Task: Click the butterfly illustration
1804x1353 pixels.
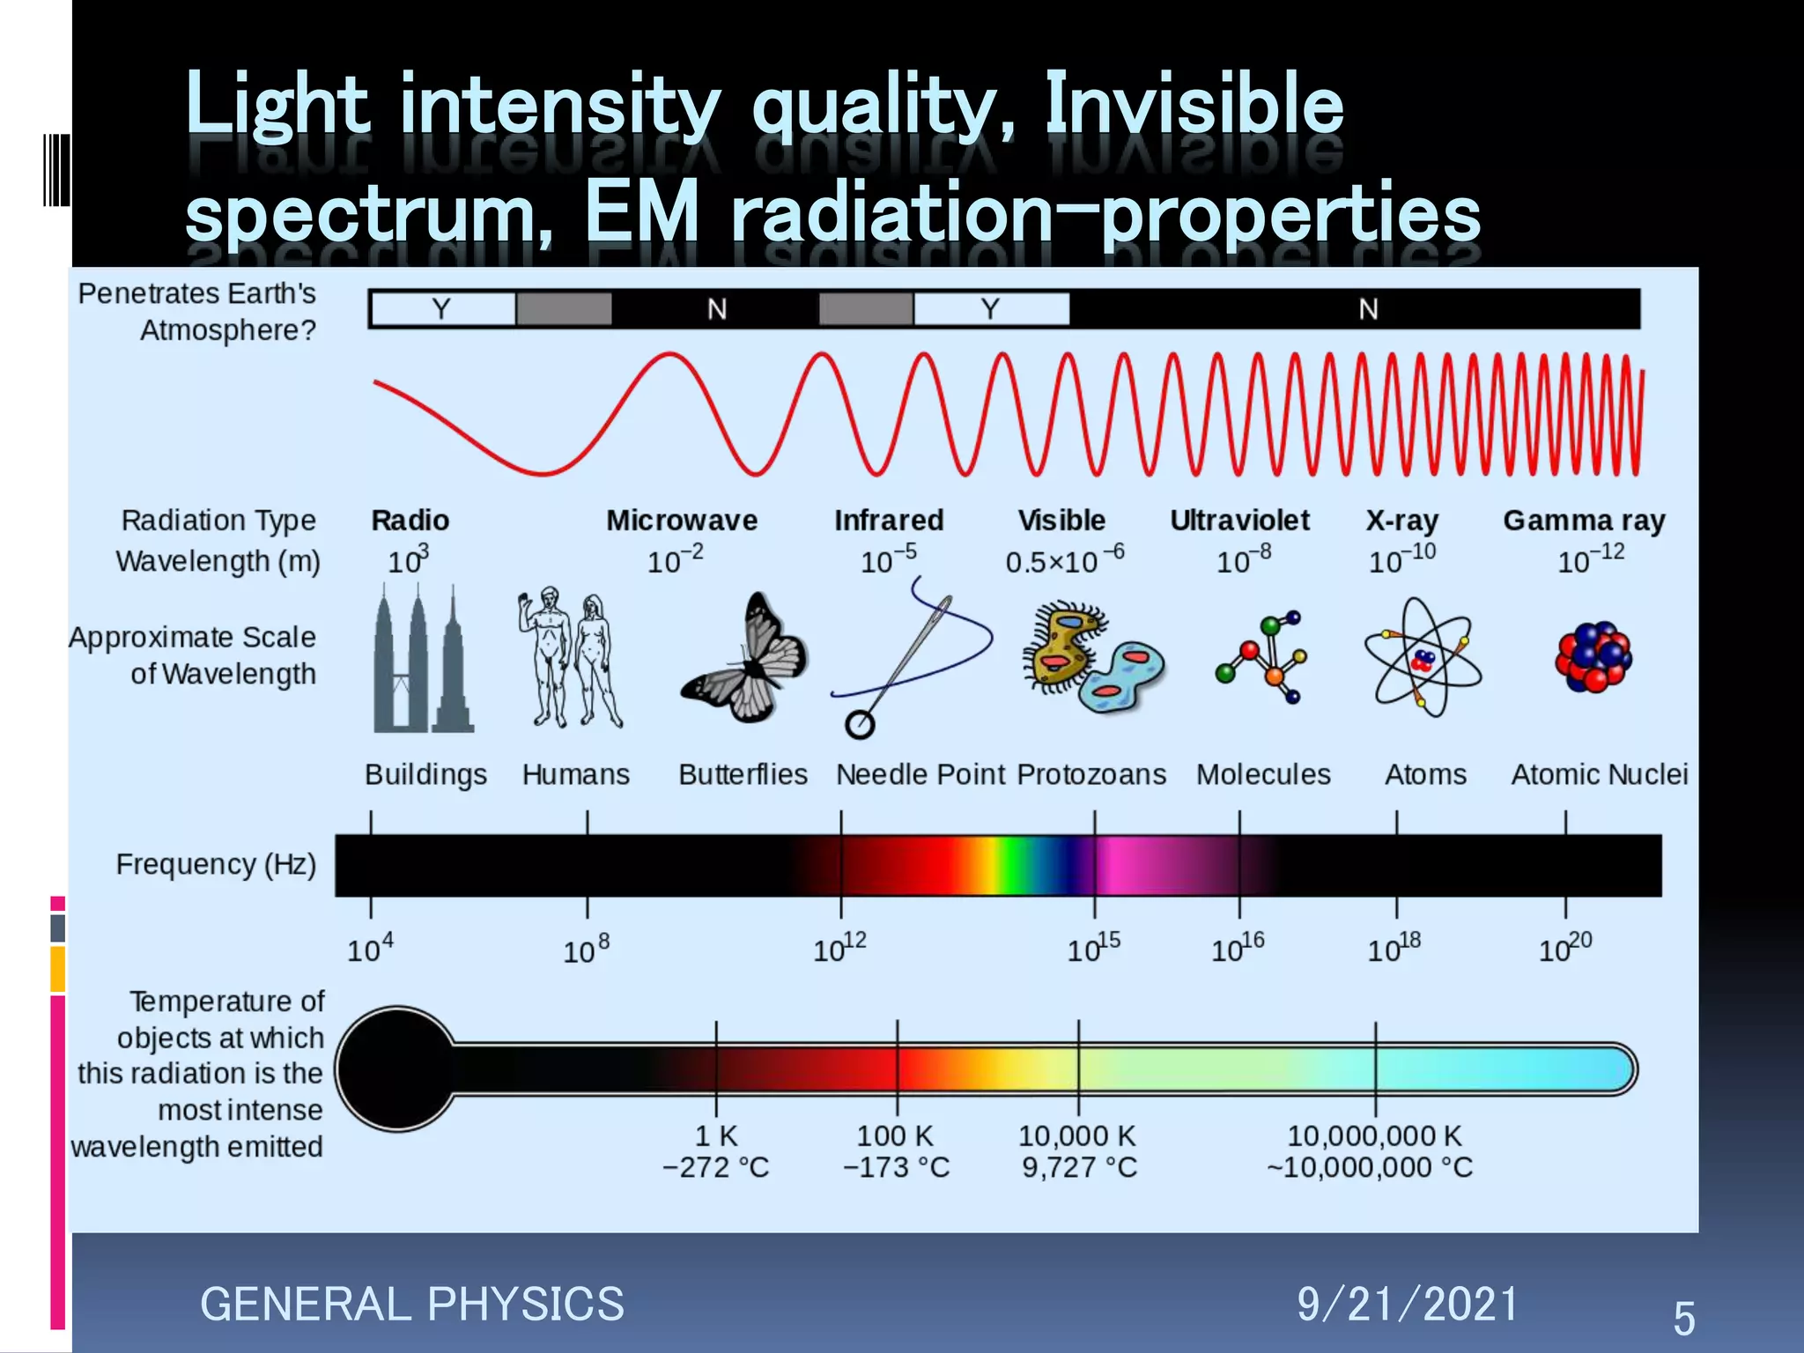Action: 745,659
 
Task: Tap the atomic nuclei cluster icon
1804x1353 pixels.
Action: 1593,657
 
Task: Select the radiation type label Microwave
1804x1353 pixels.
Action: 682,521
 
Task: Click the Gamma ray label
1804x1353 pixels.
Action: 1584,521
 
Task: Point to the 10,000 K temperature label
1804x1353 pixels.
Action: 1077,1136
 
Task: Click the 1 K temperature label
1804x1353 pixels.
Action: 716,1136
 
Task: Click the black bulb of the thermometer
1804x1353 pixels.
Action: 396,1068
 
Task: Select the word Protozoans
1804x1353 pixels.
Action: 1091,774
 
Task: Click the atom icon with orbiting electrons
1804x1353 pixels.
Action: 1422,657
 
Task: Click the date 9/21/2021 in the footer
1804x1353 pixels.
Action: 1407,1305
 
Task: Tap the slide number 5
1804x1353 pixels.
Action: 1683,1319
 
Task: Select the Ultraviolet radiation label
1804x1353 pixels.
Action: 1239,521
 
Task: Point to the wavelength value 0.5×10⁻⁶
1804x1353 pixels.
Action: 1064,560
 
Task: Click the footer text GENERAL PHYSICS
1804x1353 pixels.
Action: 412,1305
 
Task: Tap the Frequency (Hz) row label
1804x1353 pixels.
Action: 216,864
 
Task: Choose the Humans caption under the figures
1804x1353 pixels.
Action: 576,774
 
